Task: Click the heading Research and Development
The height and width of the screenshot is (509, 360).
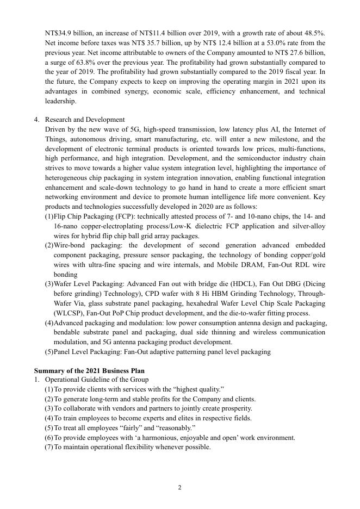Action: [x=85, y=120]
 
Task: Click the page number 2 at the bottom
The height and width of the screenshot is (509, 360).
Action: [x=180, y=487]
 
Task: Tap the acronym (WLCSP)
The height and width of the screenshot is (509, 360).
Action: [x=69, y=313]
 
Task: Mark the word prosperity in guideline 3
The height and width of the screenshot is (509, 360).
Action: [x=235, y=408]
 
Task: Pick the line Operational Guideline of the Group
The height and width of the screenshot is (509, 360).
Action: [x=96, y=380]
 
